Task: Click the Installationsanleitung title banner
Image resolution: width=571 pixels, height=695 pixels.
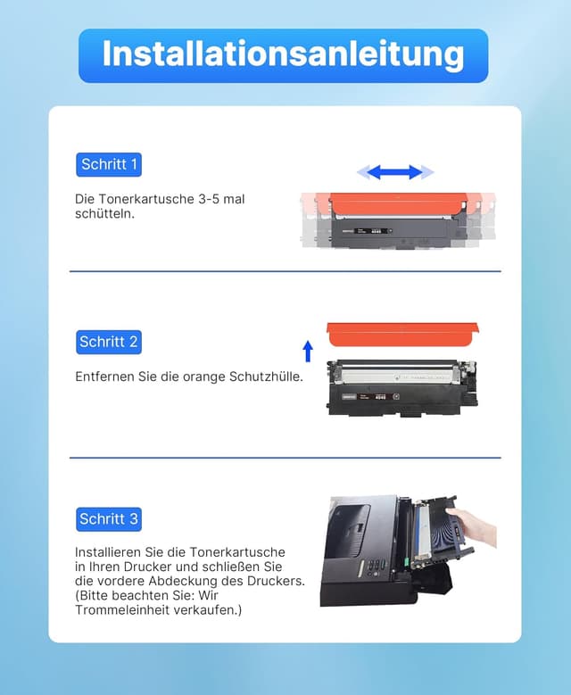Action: [x=284, y=55]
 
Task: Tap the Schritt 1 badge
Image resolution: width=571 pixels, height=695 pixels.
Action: [x=109, y=164]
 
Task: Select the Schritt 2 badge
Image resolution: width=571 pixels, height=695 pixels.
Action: [x=109, y=342]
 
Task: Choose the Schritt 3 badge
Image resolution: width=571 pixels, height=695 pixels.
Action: [x=109, y=518]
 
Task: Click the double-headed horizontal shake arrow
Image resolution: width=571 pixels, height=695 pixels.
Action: [x=395, y=172]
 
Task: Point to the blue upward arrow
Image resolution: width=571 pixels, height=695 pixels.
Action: [x=308, y=351]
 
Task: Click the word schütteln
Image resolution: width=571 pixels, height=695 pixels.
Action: [x=104, y=214]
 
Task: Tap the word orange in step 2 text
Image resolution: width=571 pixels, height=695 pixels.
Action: [x=198, y=377]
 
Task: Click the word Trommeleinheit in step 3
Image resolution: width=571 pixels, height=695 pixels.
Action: [x=120, y=610]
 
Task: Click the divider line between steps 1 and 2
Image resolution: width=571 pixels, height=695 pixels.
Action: [x=285, y=271]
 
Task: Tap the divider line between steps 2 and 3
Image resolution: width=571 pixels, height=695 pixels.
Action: [x=285, y=458]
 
